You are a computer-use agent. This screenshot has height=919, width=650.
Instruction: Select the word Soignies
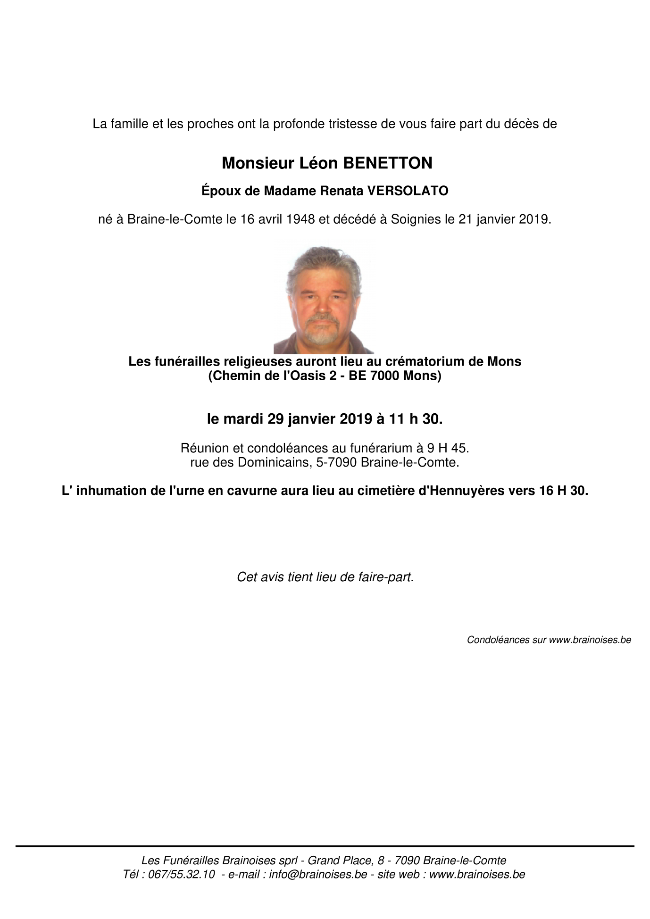pos(416,219)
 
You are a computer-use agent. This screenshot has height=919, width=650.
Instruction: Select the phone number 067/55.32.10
pos(182,874)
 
